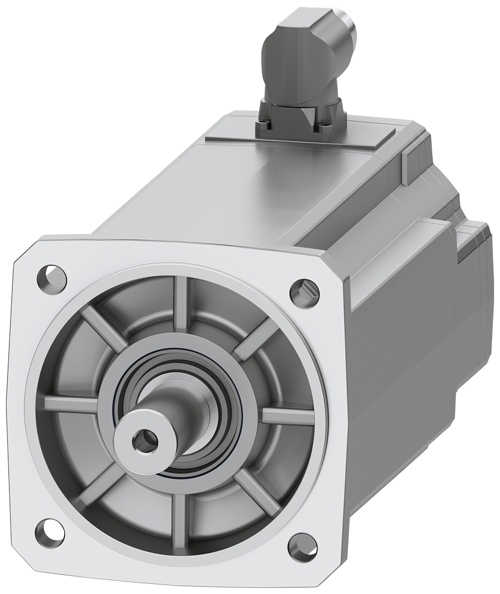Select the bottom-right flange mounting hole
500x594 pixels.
[x=302, y=545]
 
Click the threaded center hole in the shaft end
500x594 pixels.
[x=143, y=440]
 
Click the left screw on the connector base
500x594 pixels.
[x=262, y=125]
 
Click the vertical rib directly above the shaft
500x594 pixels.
[x=181, y=303]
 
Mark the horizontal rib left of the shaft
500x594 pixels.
[x=71, y=404]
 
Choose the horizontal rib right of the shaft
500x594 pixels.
[x=287, y=416]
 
